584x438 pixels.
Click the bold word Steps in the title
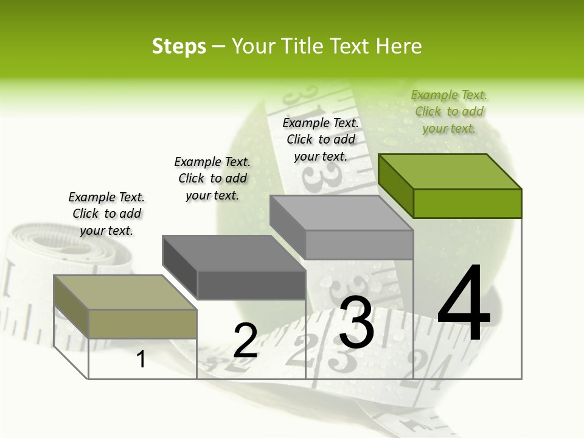(x=179, y=47)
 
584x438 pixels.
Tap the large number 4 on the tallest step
(x=464, y=304)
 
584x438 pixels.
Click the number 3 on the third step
(x=356, y=322)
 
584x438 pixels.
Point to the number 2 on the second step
(x=245, y=341)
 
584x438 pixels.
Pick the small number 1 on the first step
(x=141, y=359)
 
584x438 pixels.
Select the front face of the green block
(x=467, y=203)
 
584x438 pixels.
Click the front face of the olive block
(x=142, y=324)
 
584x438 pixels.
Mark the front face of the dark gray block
(x=251, y=285)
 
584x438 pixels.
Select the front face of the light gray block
(x=359, y=245)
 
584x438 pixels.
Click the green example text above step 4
(x=449, y=111)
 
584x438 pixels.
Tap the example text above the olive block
(x=106, y=214)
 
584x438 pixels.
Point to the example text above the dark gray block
(x=212, y=178)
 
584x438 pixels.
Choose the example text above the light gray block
(x=321, y=139)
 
